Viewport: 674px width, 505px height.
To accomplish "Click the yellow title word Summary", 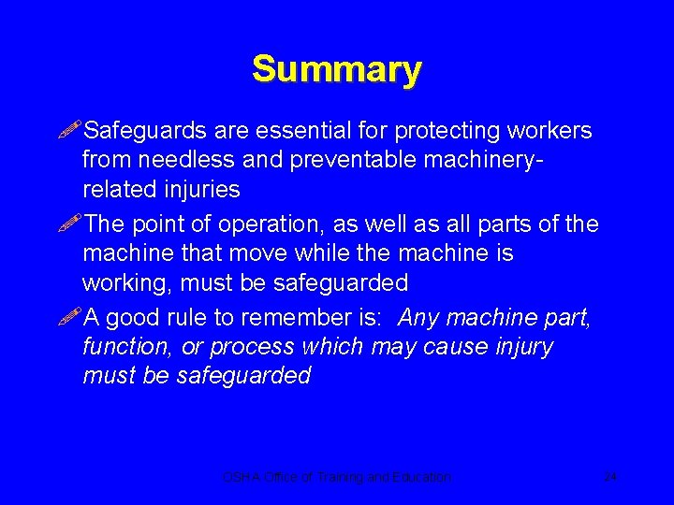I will click(x=336, y=70).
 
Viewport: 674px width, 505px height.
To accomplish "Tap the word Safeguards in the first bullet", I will click(x=143, y=131).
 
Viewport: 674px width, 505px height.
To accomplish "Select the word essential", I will click(x=288, y=131).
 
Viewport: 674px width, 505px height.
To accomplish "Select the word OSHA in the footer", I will click(x=238, y=477).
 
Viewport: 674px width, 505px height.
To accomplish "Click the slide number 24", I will click(x=609, y=477).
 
